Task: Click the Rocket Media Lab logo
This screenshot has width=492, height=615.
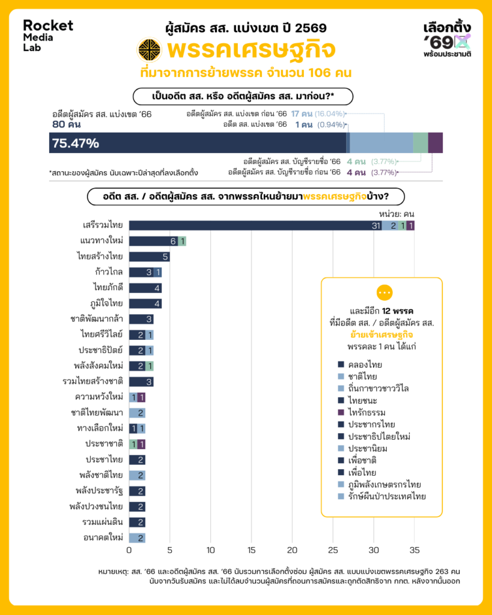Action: pyautogui.click(x=47, y=35)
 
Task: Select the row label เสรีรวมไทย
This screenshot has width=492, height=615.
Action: pyautogui.click(x=103, y=225)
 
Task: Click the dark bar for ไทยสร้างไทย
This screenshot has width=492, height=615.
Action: pyautogui.click(x=149, y=256)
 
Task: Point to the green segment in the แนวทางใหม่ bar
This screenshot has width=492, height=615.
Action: pyautogui.click(x=182, y=241)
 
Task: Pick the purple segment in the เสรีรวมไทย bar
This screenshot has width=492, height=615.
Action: pyautogui.click(x=411, y=225)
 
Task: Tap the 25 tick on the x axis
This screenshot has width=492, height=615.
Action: pyautogui.click(x=333, y=549)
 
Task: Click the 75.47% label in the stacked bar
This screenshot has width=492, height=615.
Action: pyautogui.click(x=76, y=143)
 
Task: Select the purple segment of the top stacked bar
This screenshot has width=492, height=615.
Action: pyautogui.click(x=436, y=143)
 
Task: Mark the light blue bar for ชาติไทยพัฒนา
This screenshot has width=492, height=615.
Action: pyautogui.click(x=137, y=413)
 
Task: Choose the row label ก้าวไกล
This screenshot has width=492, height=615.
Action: pyautogui.click(x=109, y=272)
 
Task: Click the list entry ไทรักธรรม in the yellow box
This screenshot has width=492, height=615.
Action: pyautogui.click(x=365, y=412)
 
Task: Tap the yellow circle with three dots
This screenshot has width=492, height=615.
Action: pyautogui.click(x=384, y=292)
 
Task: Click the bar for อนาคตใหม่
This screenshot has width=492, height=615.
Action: pyautogui.click(x=137, y=538)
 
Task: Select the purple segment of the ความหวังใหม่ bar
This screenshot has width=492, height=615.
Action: pyautogui.click(x=141, y=397)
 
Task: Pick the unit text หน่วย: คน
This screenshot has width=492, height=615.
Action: pyautogui.click(x=396, y=213)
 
